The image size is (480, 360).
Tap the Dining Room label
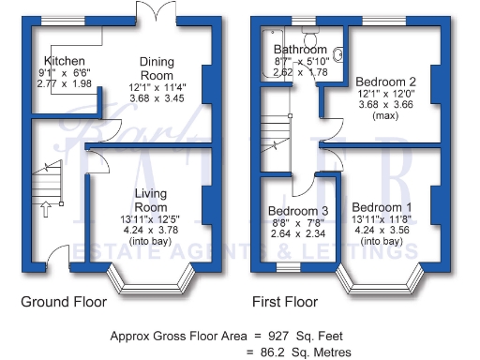click(157, 67)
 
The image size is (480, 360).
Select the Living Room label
click(151, 200)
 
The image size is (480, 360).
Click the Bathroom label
click(300, 50)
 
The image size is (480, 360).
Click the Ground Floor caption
click(63, 303)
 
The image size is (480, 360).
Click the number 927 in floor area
click(277, 335)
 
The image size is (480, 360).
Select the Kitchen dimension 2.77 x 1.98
click(56, 84)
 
